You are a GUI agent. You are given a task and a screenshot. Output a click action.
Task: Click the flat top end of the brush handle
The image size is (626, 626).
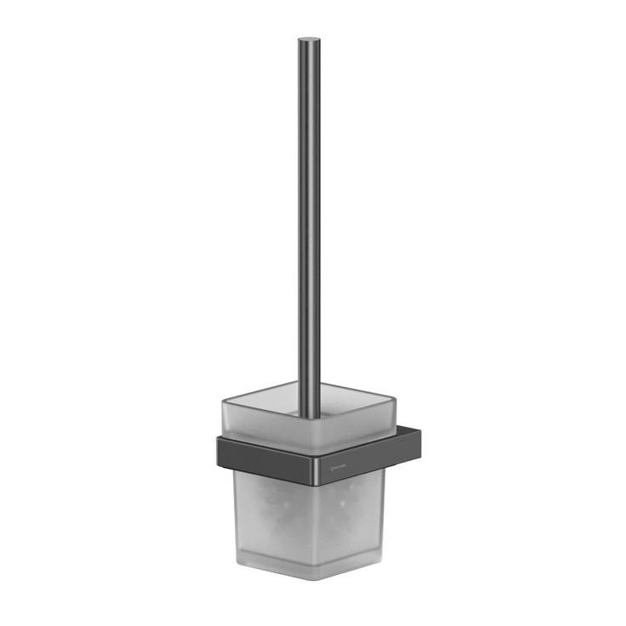pyautogui.click(x=309, y=39)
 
